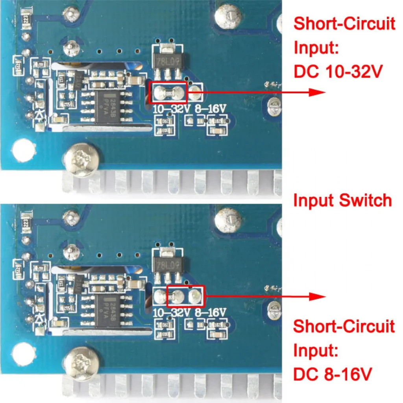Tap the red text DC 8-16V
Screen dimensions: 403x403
pos(333,373)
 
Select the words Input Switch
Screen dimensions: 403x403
pos(343,200)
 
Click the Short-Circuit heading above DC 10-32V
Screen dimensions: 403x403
pos(344,24)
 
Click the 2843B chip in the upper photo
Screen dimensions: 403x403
pos(107,106)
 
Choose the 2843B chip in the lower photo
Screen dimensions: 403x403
pos(107,310)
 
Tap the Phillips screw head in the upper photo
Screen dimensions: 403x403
pos(81,159)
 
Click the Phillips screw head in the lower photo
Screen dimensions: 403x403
pos(81,363)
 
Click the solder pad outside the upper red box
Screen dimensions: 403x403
pos(195,93)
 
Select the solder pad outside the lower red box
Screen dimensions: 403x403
pos(160,296)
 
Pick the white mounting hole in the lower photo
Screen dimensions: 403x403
pos(23,353)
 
